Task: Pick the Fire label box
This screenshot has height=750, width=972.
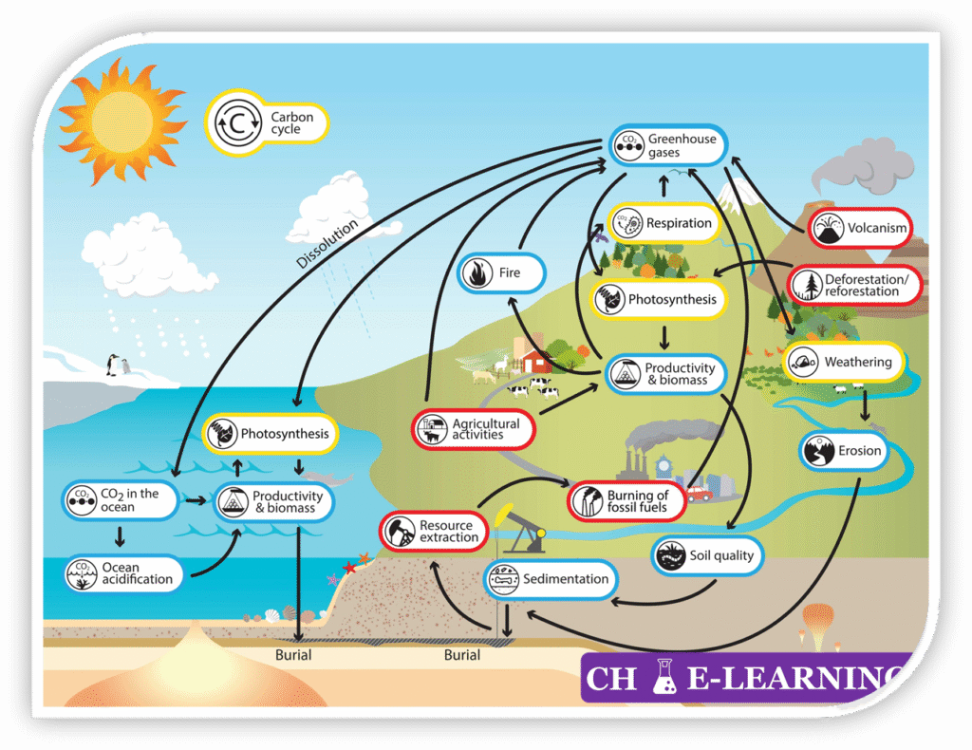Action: (501, 273)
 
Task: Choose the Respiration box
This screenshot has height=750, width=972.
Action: (664, 224)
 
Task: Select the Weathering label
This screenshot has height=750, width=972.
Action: (842, 363)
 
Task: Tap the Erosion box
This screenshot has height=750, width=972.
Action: (844, 452)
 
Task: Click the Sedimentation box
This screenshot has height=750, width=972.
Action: (551, 579)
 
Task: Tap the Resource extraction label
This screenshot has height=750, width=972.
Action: (434, 532)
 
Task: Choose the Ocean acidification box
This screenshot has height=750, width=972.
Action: (122, 573)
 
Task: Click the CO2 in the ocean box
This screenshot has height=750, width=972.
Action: (121, 500)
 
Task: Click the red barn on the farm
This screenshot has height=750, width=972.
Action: (536, 360)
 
